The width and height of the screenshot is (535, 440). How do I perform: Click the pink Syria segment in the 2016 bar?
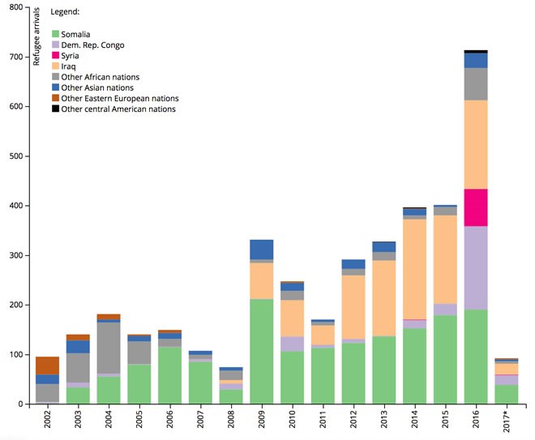[476, 207]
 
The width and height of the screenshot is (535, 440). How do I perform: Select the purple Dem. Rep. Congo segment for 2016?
[476, 267]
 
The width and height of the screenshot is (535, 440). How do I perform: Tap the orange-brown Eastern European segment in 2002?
[48, 365]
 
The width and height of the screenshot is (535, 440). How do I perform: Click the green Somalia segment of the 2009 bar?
[262, 352]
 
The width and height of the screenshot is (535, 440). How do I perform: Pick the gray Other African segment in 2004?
[109, 348]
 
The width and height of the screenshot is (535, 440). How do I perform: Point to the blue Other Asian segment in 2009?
[262, 250]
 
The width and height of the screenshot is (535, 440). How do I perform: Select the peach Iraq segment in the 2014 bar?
[414, 269]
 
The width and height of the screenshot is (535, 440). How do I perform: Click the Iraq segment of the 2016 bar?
[476, 144]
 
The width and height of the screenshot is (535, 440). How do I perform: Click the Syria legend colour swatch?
[55, 55]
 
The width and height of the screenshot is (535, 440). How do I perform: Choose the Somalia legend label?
[75, 34]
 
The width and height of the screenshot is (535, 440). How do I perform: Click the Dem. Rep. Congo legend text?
[92, 45]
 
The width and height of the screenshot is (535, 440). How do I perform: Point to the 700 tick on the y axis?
[27, 57]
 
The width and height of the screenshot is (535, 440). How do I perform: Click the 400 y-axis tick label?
[16, 206]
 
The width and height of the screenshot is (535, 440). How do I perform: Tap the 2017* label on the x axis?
[507, 422]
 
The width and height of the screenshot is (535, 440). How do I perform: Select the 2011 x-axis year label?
[323, 419]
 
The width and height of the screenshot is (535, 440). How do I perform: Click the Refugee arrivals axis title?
[36, 36]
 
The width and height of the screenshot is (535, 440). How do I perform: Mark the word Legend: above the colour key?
[65, 12]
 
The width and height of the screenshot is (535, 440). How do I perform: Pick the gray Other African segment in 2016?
[476, 84]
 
